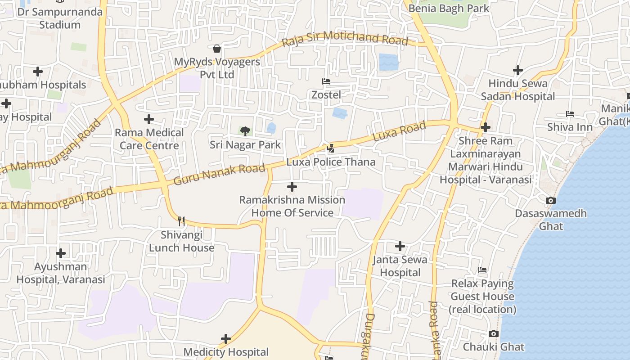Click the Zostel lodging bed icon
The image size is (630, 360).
point(326,81)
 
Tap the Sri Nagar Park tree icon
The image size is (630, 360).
point(245,131)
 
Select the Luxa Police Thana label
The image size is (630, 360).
point(331,162)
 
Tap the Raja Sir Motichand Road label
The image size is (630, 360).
point(345,39)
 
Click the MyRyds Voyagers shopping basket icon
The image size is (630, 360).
point(217,48)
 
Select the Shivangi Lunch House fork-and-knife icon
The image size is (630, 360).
point(181,221)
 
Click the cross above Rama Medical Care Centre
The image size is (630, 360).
point(149,119)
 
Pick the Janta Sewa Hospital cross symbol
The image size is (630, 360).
point(400,246)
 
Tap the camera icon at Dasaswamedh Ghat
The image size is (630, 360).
point(550,200)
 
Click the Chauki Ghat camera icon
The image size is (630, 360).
point(494,333)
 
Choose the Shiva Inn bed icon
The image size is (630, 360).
point(570,114)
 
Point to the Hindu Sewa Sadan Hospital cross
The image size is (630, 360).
point(518,70)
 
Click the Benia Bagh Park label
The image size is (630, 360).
point(449,8)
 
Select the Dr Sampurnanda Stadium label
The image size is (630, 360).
point(60,18)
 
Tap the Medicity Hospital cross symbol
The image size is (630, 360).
point(226,339)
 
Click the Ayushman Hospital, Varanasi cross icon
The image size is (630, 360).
point(61,253)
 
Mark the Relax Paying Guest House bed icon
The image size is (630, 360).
point(482,270)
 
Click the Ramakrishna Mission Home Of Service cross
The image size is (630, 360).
point(292,186)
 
